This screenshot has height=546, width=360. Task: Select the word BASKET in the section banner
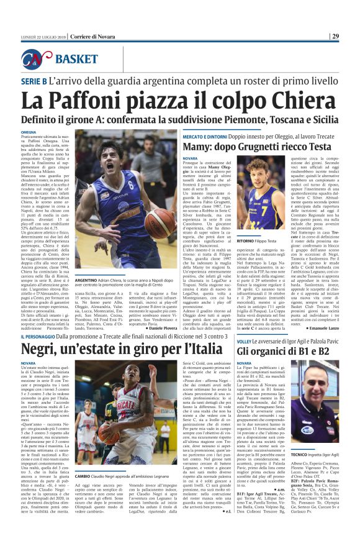[x=76, y=59]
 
